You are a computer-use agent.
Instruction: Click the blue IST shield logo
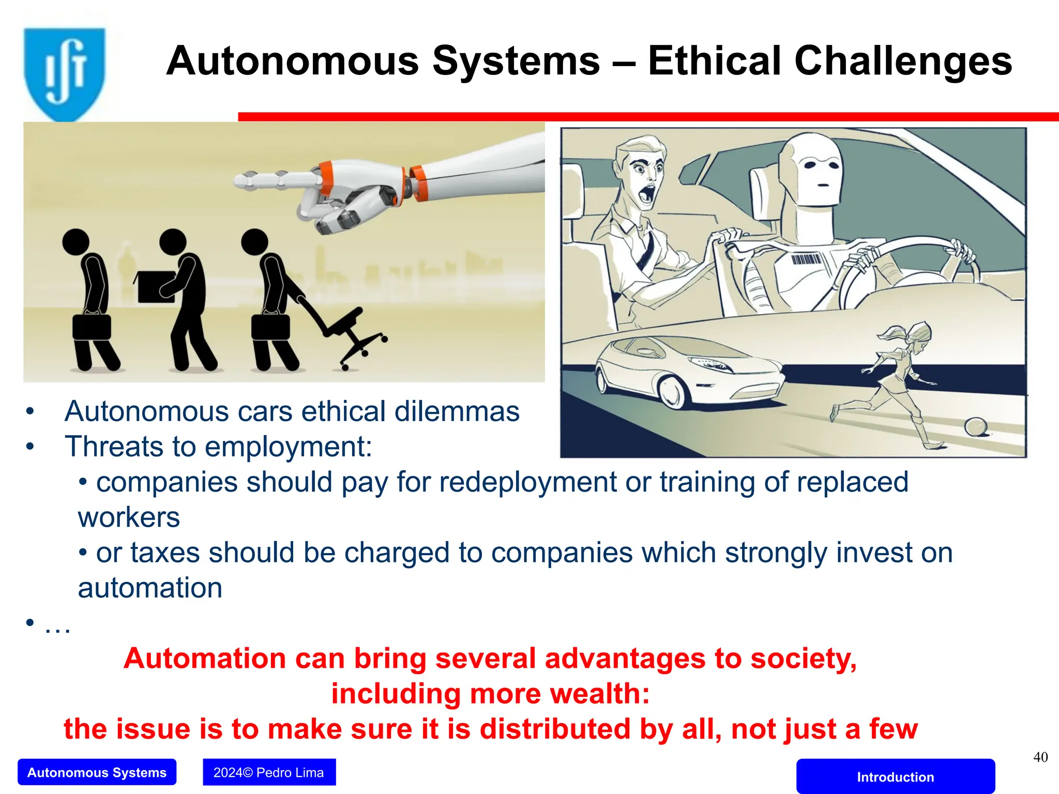[x=64, y=72]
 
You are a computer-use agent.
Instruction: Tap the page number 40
[x=1040, y=757]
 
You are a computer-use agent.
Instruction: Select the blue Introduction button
[x=895, y=776]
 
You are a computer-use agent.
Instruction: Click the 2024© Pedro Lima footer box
[x=269, y=772]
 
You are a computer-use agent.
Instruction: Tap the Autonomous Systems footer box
[x=97, y=772]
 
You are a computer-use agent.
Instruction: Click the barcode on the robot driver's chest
[x=806, y=259]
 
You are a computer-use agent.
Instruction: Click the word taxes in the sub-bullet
[x=164, y=553]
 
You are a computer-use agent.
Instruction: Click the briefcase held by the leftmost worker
[x=92, y=327]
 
